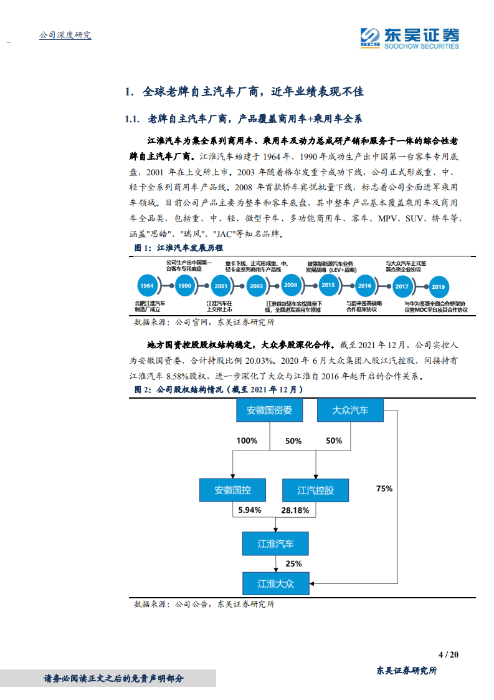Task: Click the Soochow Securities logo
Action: coord(410,37)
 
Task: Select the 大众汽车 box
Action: coord(349,411)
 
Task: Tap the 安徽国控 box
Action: coord(232,490)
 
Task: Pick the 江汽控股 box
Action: coord(315,490)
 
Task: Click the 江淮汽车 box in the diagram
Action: coord(275,543)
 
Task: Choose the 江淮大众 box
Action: coord(275,584)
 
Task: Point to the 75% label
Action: coord(384,489)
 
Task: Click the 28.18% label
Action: coord(295,510)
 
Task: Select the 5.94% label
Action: coord(249,510)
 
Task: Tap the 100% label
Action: coord(247,440)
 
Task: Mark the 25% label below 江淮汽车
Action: coord(293,563)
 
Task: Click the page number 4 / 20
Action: coord(449,654)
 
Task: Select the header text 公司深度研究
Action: coord(65,36)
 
